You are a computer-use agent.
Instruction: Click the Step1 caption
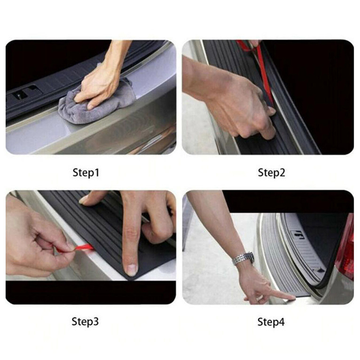[86, 173]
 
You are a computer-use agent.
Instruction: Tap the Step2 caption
[271, 173]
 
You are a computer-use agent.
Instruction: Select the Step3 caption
[85, 321]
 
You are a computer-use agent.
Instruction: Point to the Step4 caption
[271, 322]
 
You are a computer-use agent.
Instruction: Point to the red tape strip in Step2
[262, 69]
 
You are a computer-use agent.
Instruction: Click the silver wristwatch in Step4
[243, 258]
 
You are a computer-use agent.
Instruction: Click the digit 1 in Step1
[97, 173]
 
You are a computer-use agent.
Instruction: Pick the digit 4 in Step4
[282, 322]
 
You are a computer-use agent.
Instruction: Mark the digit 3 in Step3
[96, 321]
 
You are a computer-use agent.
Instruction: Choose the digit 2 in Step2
[282, 173]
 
